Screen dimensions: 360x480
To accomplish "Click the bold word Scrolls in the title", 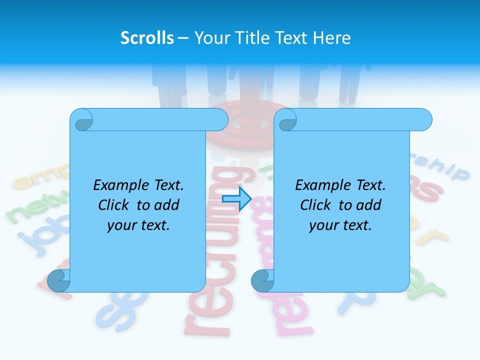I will [147, 38].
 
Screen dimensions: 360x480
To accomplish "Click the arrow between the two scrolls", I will [236, 199].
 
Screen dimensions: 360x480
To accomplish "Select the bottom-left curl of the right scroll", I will [262, 281].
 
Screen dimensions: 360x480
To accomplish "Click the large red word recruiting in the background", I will [220, 250].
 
